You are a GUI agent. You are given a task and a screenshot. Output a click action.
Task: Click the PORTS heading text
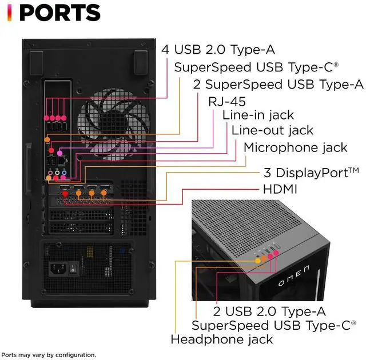pyautogui.click(x=60, y=13)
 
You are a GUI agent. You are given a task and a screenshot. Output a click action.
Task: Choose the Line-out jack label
pyautogui.click(x=273, y=130)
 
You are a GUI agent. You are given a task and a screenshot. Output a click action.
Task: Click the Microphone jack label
pyautogui.click(x=295, y=147)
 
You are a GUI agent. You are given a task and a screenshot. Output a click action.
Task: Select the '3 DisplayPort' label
pyautogui.click(x=311, y=172)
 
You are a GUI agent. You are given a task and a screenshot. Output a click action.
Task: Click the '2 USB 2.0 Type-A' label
pyautogui.click(x=269, y=311)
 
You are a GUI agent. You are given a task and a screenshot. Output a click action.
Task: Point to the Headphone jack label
pyautogui.click(x=221, y=339)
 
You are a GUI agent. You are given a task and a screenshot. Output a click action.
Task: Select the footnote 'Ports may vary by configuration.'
pyautogui.click(x=49, y=355)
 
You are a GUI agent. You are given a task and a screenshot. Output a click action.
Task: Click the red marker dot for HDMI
pyautogui.click(x=65, y=194)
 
